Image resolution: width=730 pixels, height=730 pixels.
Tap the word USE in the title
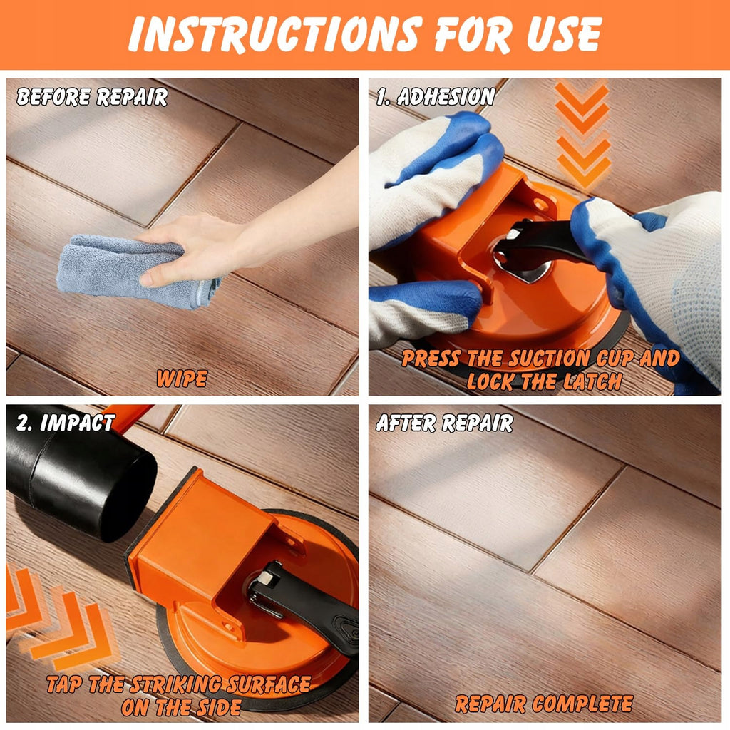point(564,34)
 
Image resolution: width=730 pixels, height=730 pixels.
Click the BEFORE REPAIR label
point(92,97)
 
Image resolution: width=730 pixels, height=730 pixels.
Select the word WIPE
point(182,379)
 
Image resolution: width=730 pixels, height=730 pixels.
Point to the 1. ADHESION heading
point(436,96)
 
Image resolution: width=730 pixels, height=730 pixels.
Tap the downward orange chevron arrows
point(582,135)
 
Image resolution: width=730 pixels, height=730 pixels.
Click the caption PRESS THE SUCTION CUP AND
point(540,359)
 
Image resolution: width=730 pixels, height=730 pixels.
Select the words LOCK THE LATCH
point(544,382)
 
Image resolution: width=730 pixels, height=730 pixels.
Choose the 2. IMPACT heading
point(65,423)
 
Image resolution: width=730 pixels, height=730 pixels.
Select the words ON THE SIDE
point(181,708)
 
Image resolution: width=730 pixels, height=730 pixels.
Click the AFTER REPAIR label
point(445,423)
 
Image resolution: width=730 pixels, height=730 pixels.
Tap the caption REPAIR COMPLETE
point(544,704)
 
